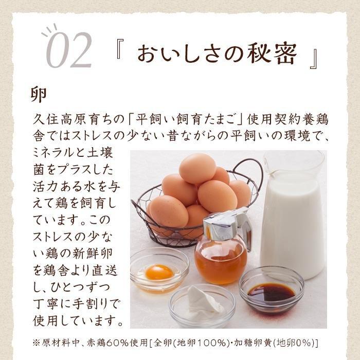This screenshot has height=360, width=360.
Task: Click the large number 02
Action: tap(69, 50)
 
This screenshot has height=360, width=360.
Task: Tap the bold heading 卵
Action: tap(39, 95)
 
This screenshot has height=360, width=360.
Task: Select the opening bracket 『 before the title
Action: tap(120, 49)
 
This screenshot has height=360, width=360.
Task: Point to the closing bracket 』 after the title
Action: tap(313, 59)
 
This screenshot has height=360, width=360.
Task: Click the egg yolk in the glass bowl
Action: tap(159, 272)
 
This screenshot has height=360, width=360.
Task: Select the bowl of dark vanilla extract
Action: tap(272, 292)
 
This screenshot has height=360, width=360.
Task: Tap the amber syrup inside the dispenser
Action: tap(221, 262)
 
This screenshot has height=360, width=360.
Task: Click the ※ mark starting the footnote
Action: tap(37, 344)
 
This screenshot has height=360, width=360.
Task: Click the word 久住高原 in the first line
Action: tap(61, 119)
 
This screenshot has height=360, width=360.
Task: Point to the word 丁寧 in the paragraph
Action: tap(45, 304)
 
